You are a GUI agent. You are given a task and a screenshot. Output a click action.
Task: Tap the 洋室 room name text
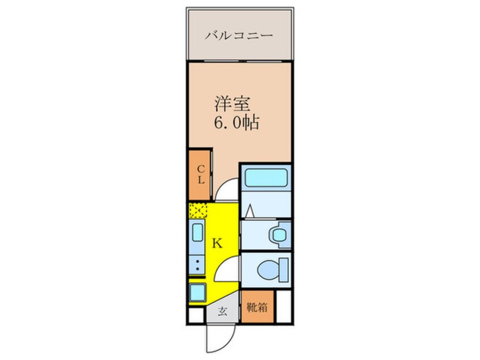click(229, 104)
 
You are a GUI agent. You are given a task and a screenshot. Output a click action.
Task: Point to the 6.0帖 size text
click(236, 122)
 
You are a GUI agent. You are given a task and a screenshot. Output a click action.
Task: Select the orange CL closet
click(200, 174)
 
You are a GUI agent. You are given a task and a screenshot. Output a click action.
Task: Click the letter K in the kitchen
click(217, 244)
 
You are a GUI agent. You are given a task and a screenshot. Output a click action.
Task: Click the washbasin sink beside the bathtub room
click(277, 233)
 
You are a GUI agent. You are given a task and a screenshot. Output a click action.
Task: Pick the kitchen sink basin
click(197, 233)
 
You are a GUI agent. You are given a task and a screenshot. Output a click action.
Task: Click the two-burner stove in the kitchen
click(197, 263)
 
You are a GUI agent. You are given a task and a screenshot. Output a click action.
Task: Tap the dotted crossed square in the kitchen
click(197, 211)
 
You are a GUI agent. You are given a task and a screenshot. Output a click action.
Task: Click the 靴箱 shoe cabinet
click(257, 307)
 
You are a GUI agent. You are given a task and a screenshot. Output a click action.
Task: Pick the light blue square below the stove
click(197, 292)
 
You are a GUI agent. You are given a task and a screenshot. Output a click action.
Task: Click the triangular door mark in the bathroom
click(250, 213)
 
